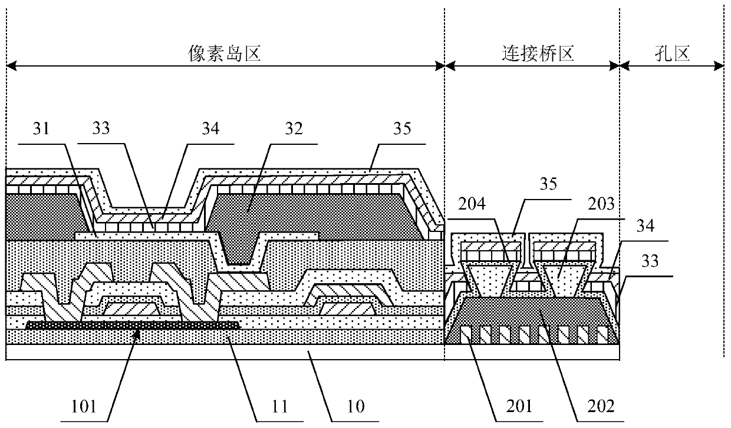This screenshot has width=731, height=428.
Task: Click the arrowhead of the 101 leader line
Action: (137, 333)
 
